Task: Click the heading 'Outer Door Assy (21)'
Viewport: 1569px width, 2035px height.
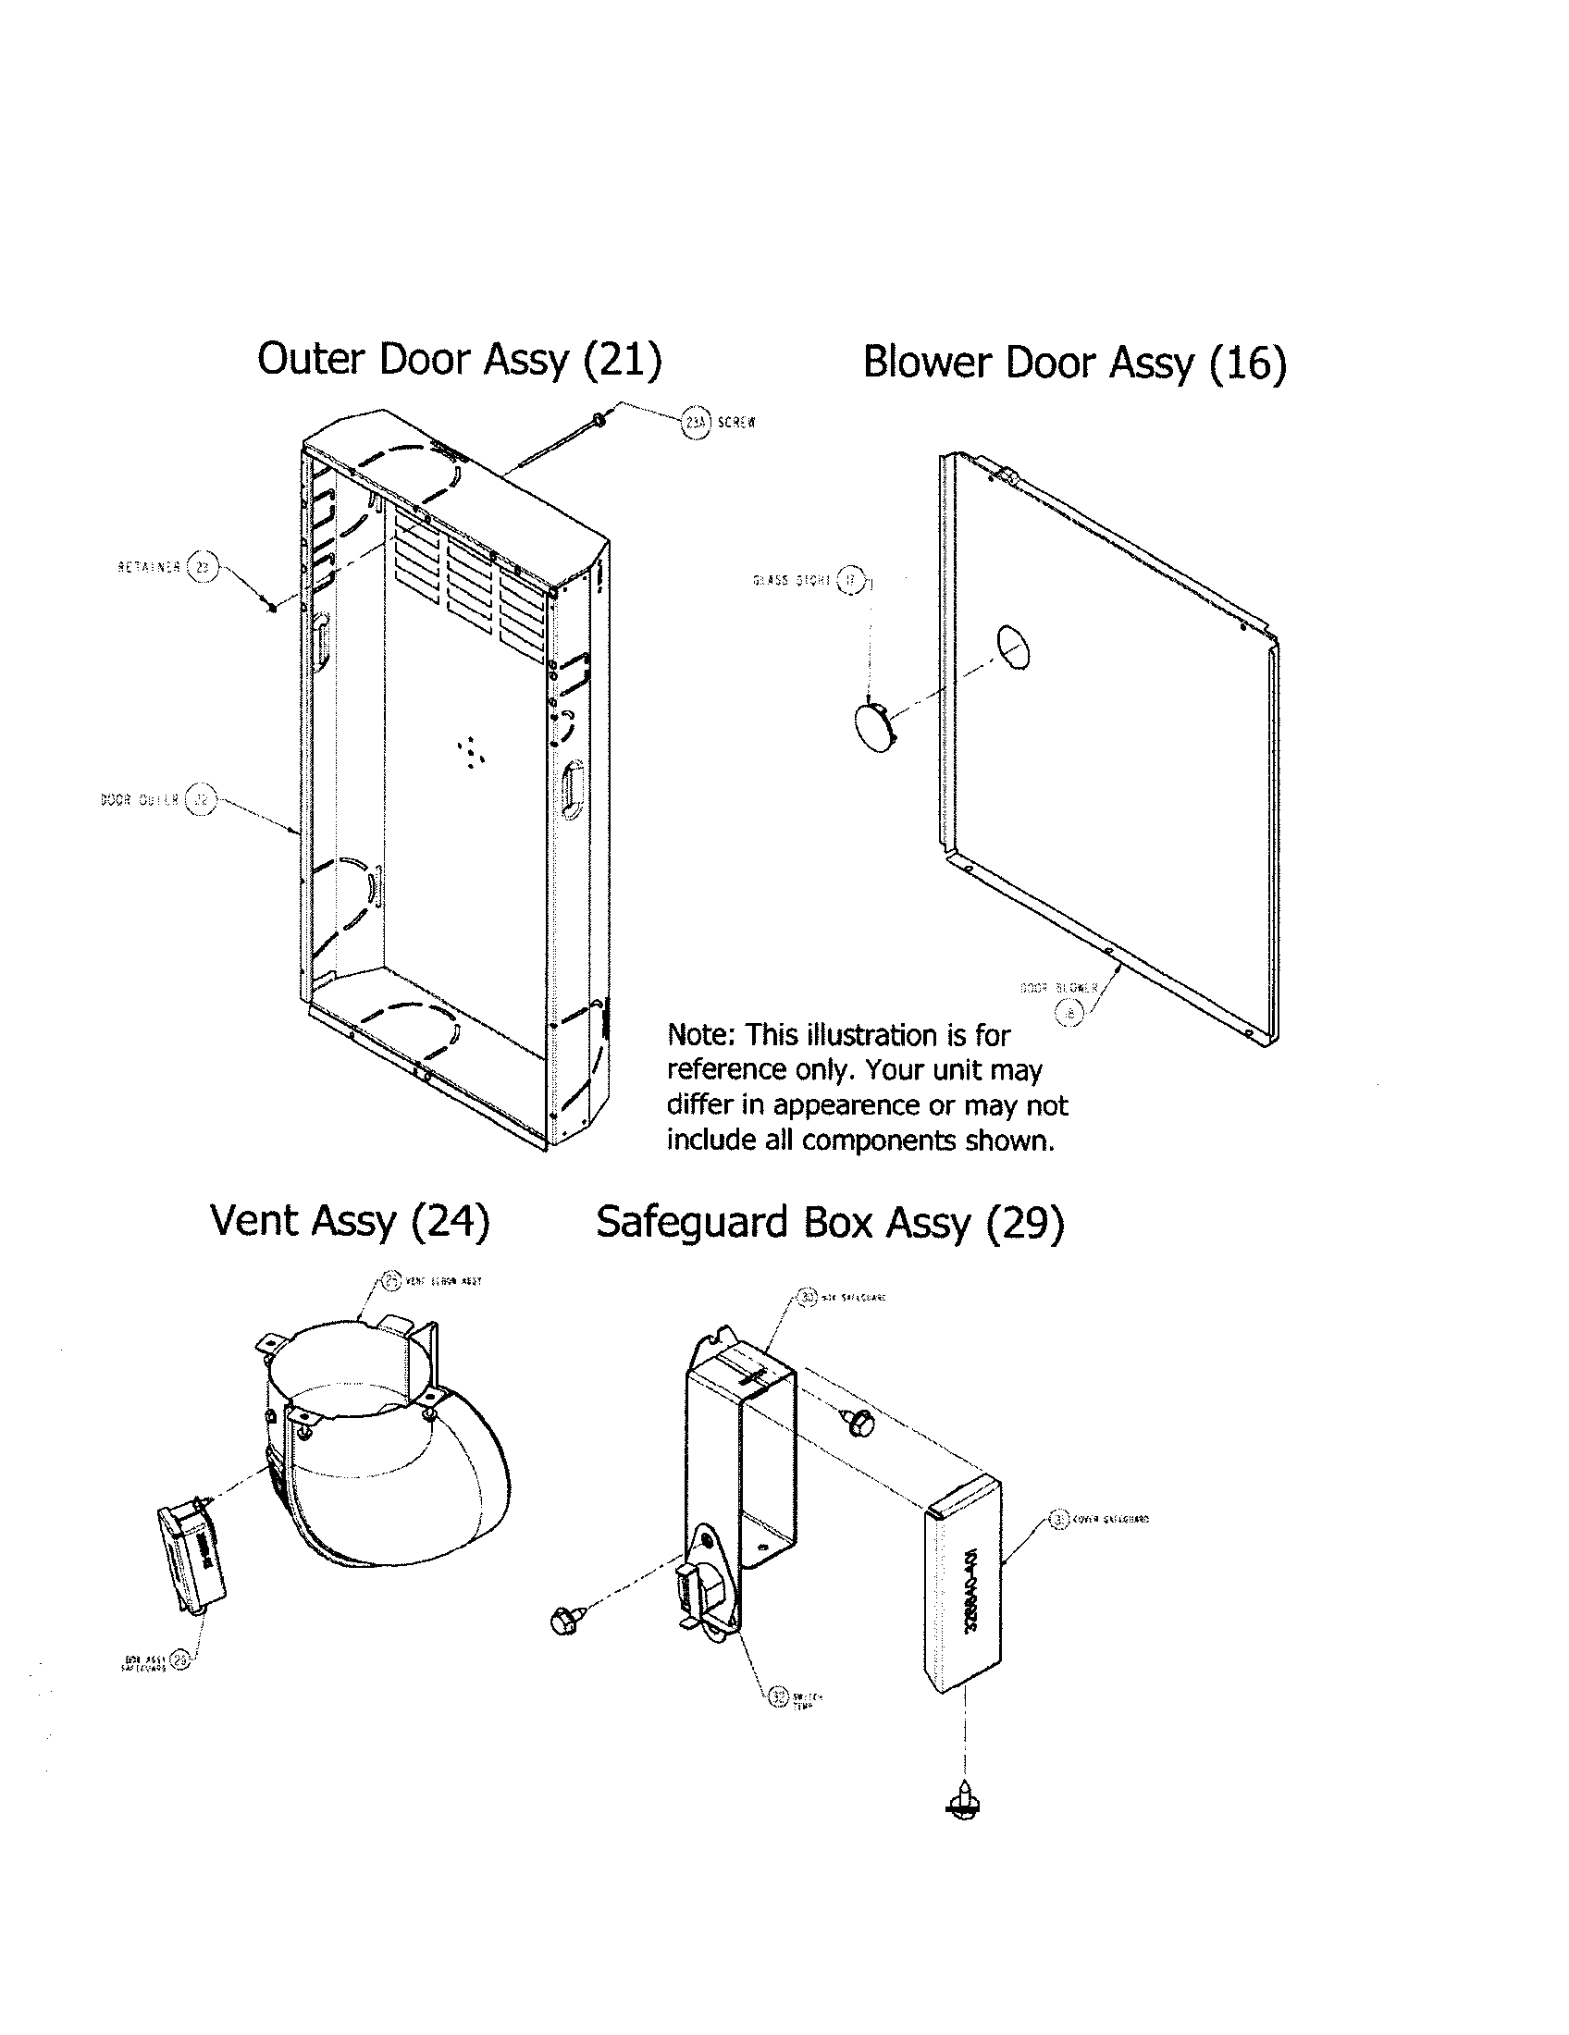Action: tap(460, 359)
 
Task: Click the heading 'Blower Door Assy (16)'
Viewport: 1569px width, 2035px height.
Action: tap(1074, 363)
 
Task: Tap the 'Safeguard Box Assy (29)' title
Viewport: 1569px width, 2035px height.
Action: tap(829, 1222)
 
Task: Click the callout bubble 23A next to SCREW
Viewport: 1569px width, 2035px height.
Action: tap(696, 422)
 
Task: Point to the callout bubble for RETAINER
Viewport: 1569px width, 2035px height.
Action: tap(203, 565)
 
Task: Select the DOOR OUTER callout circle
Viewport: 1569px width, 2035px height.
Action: tap(200, 799)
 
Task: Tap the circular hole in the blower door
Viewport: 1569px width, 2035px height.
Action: tap(1014, 647)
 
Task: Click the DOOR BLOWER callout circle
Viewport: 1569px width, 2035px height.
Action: tap(1069, 1012)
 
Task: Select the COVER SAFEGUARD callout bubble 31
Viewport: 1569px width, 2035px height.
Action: tap(1057, 1520)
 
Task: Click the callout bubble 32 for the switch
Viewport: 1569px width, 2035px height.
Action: tap(779, 1696)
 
